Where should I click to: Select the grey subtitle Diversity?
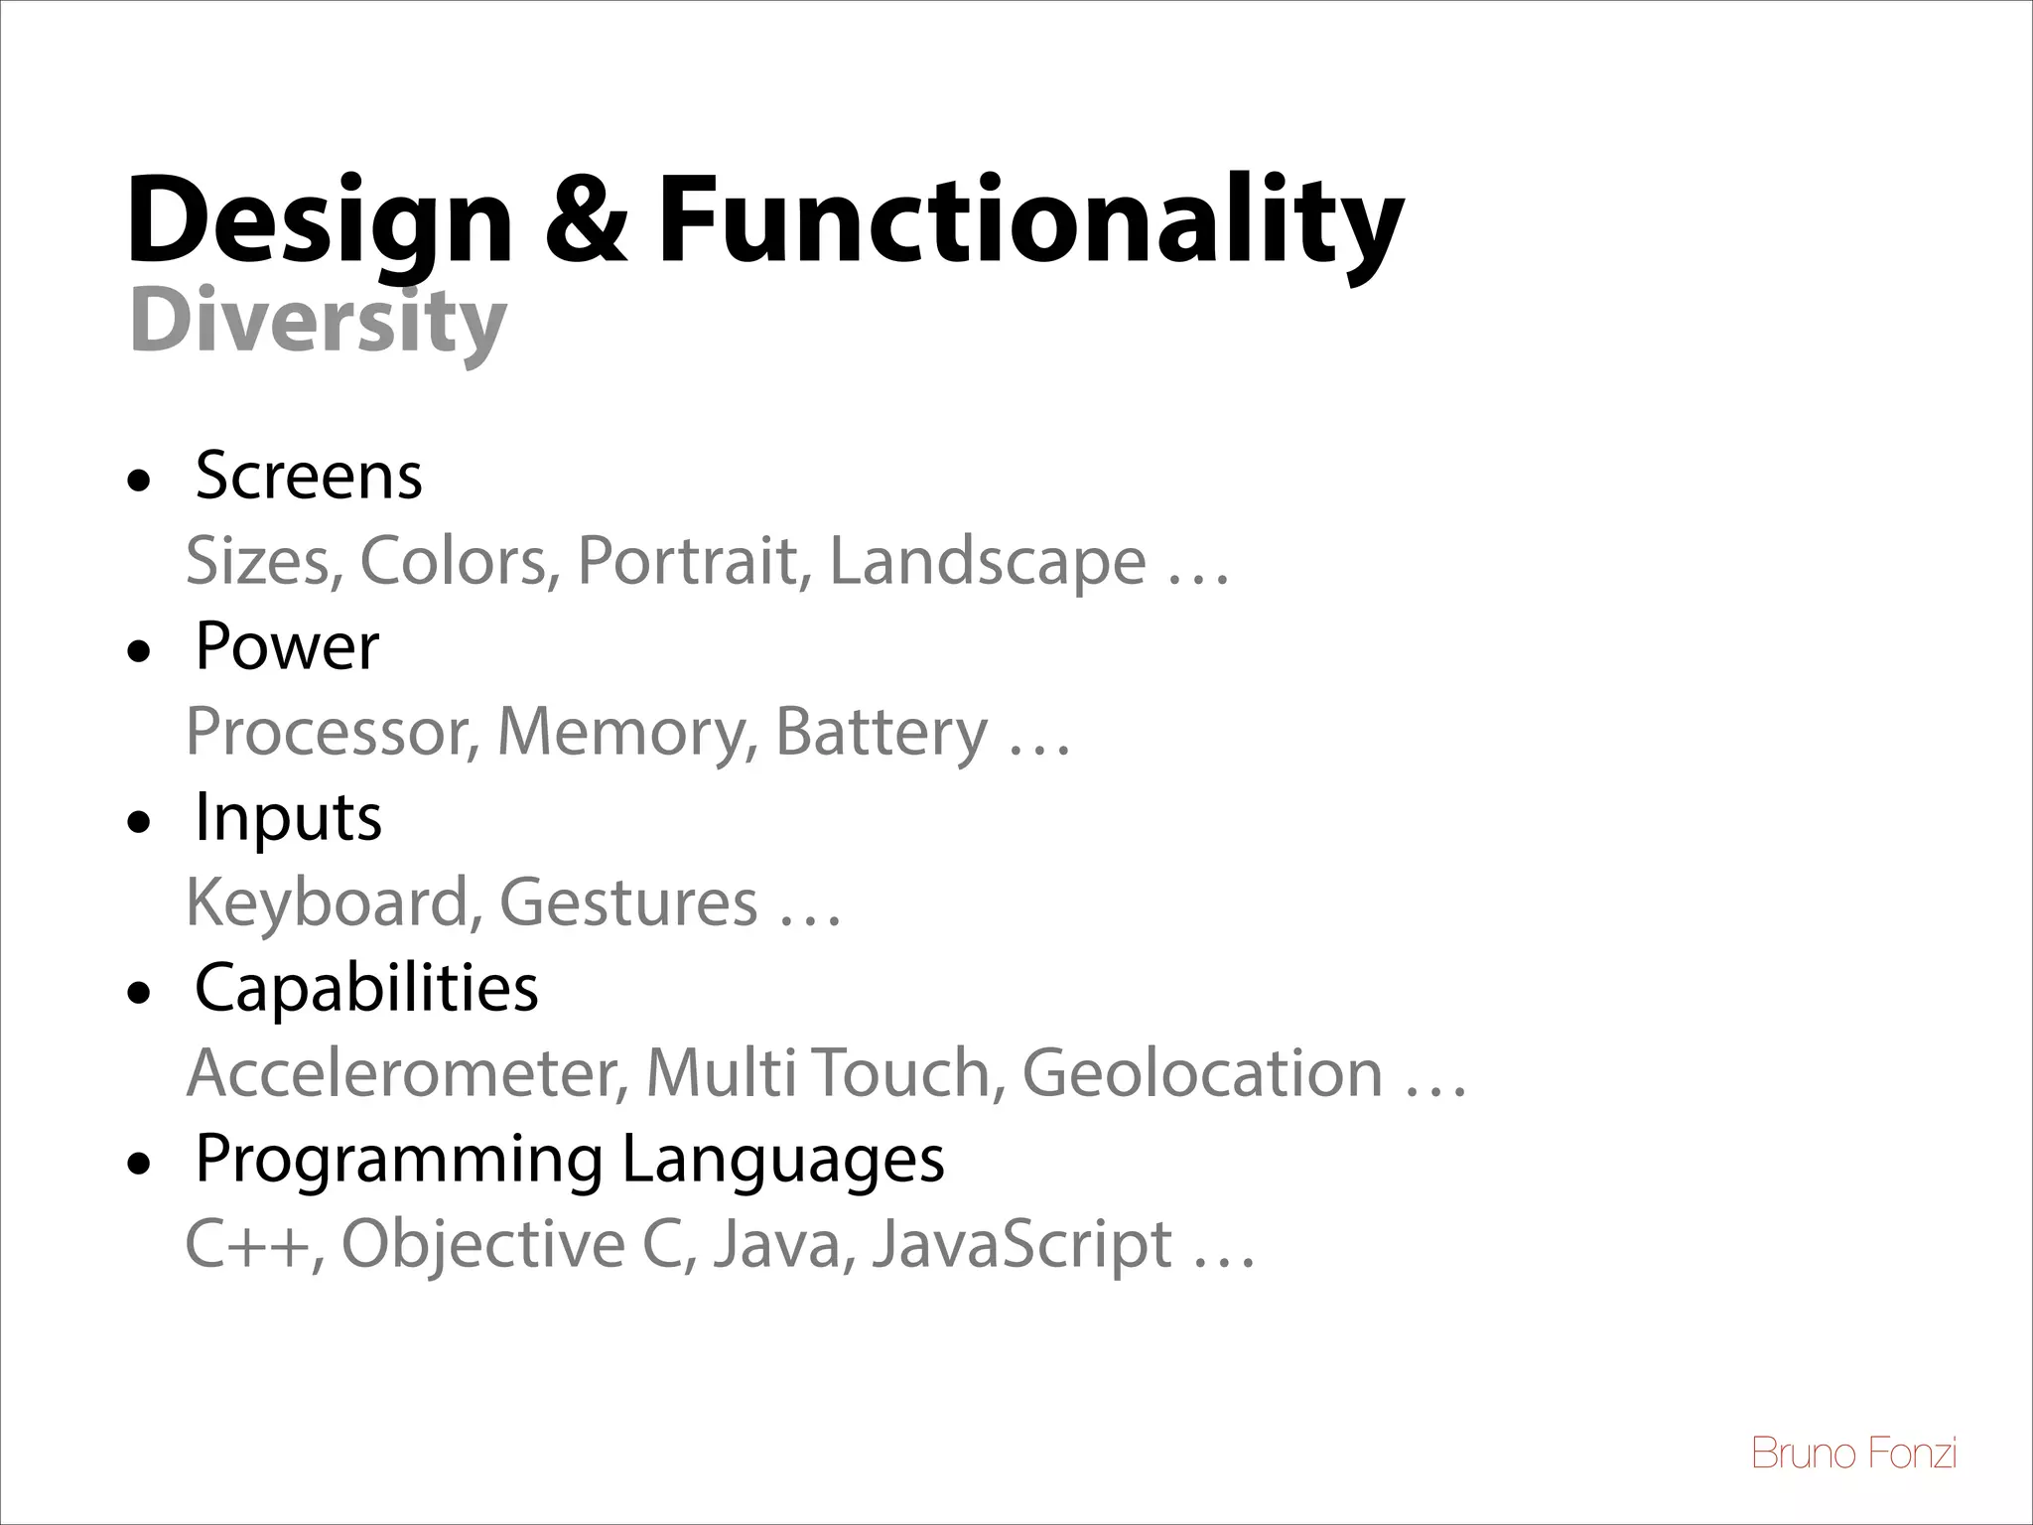point(318,323)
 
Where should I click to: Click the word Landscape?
point(987,561)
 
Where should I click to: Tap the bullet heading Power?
point(287,646)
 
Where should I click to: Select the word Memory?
point(619,732)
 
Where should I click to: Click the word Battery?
point(881,732)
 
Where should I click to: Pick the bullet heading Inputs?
point(288,817)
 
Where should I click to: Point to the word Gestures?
point(627,902)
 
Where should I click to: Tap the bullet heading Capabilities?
point(366,988)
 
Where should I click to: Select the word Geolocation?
point(1201,1073)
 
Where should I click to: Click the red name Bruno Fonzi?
point(1853,1455)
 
